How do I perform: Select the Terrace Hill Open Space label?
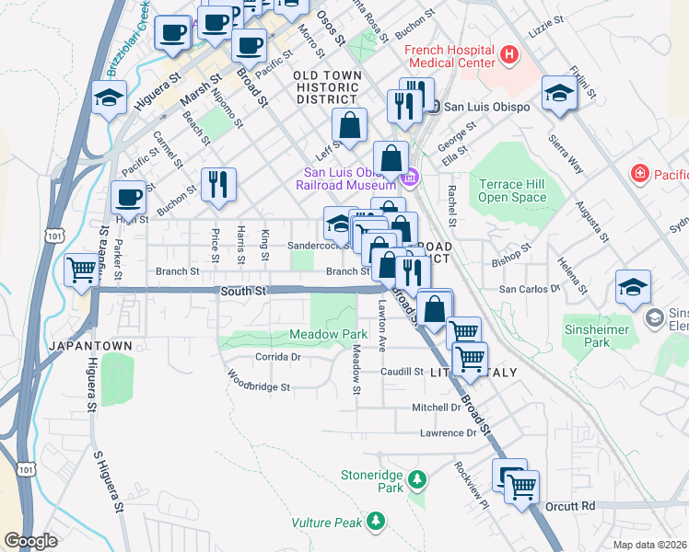tap(512, 190)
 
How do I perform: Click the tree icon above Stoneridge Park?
tap(417, 480)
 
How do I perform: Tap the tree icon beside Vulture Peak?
tap(375, 522)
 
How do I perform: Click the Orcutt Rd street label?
tap(569, 506)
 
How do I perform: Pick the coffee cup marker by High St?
tap(128, 196)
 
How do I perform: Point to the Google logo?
tap(30, 541)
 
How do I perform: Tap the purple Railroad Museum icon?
tap(412, 177)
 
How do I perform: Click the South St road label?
tap(243, 292)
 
